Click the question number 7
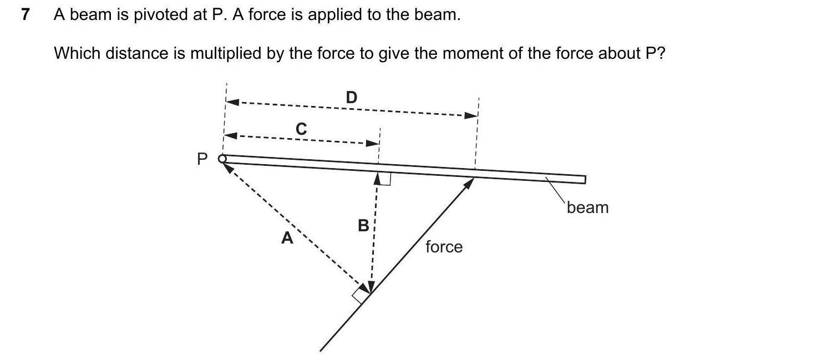click(24, 15)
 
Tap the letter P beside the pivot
click(202, 160)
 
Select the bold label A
click(287, 239)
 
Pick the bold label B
click(363, 226)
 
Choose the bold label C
click(301, 129)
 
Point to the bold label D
click(352, 98)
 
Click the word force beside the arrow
click(444, 247)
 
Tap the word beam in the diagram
click(587, 207)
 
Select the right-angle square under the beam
click(384, 179)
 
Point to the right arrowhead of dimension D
click(471, 115)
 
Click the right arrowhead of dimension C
click(372, 143)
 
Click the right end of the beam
click(584, 179)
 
